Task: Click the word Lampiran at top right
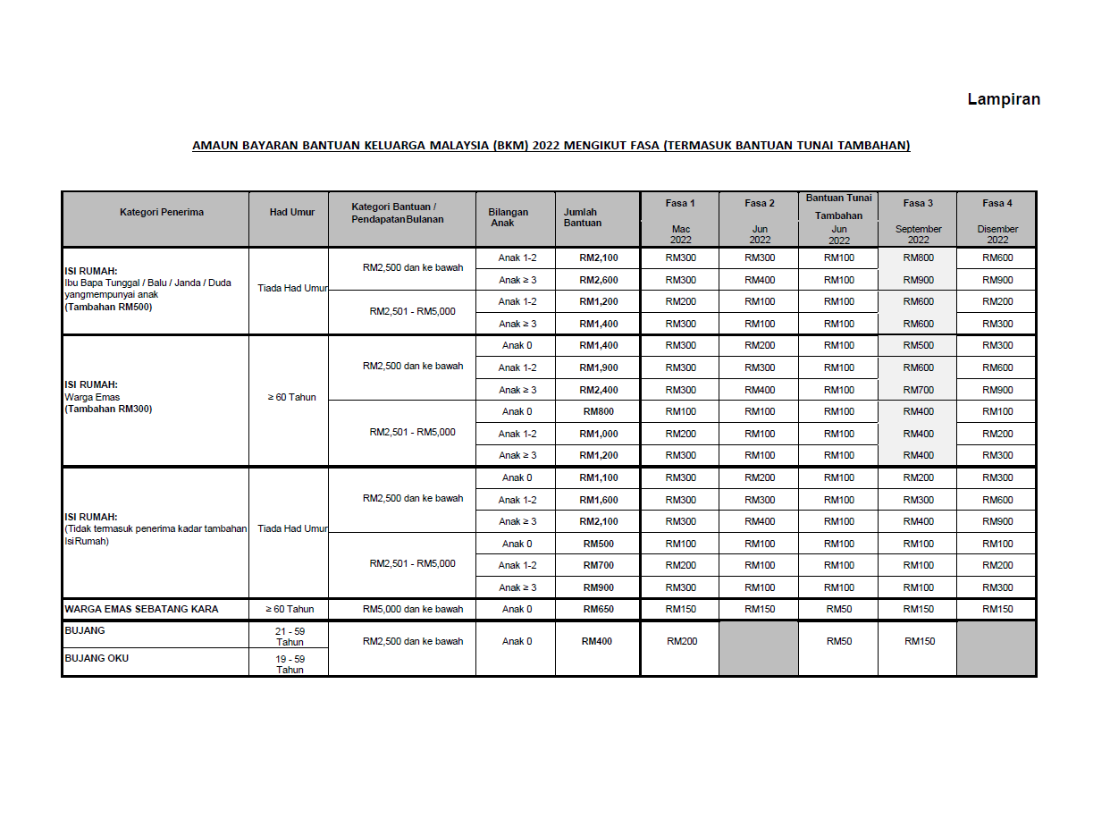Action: pos(1004,99)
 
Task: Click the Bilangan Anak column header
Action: pos(509,217)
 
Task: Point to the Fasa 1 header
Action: pos(680,203)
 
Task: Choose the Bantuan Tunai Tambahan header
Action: pos(839,207)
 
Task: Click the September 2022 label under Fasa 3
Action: pos(918,234)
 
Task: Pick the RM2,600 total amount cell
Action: pos(598,280)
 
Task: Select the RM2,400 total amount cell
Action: pos(598,390)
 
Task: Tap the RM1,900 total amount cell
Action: pos(598,367)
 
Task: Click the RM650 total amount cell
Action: pos(598,609)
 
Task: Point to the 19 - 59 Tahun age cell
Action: pos(290,664)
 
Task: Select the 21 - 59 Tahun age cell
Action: pos(290,636)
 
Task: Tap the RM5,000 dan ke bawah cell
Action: pos(413,609)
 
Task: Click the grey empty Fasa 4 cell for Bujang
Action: pos(996,648)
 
